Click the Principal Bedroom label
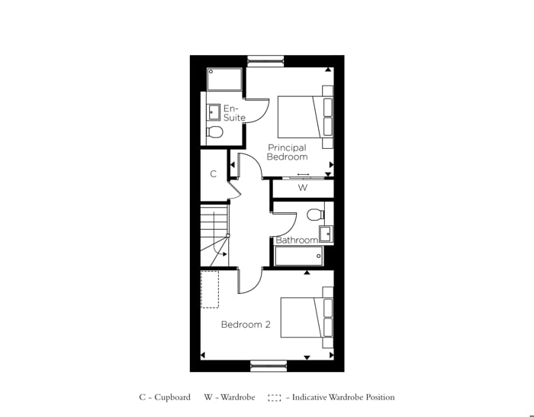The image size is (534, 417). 287,152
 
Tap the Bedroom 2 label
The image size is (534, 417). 246,325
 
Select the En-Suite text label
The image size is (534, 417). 234,113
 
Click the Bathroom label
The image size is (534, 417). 297,240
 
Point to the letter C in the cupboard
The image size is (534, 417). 213,174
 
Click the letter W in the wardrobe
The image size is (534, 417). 302,187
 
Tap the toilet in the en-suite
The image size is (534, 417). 215,132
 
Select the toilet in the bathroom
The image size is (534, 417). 316,214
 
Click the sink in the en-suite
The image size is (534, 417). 214,113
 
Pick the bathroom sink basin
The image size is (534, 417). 326,234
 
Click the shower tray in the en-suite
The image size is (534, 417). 224,79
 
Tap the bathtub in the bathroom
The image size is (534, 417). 299,255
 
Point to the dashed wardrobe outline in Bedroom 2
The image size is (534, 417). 210,289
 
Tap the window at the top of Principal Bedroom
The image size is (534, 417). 265,61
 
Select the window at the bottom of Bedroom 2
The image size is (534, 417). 269,366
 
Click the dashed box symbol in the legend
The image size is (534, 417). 275,397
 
